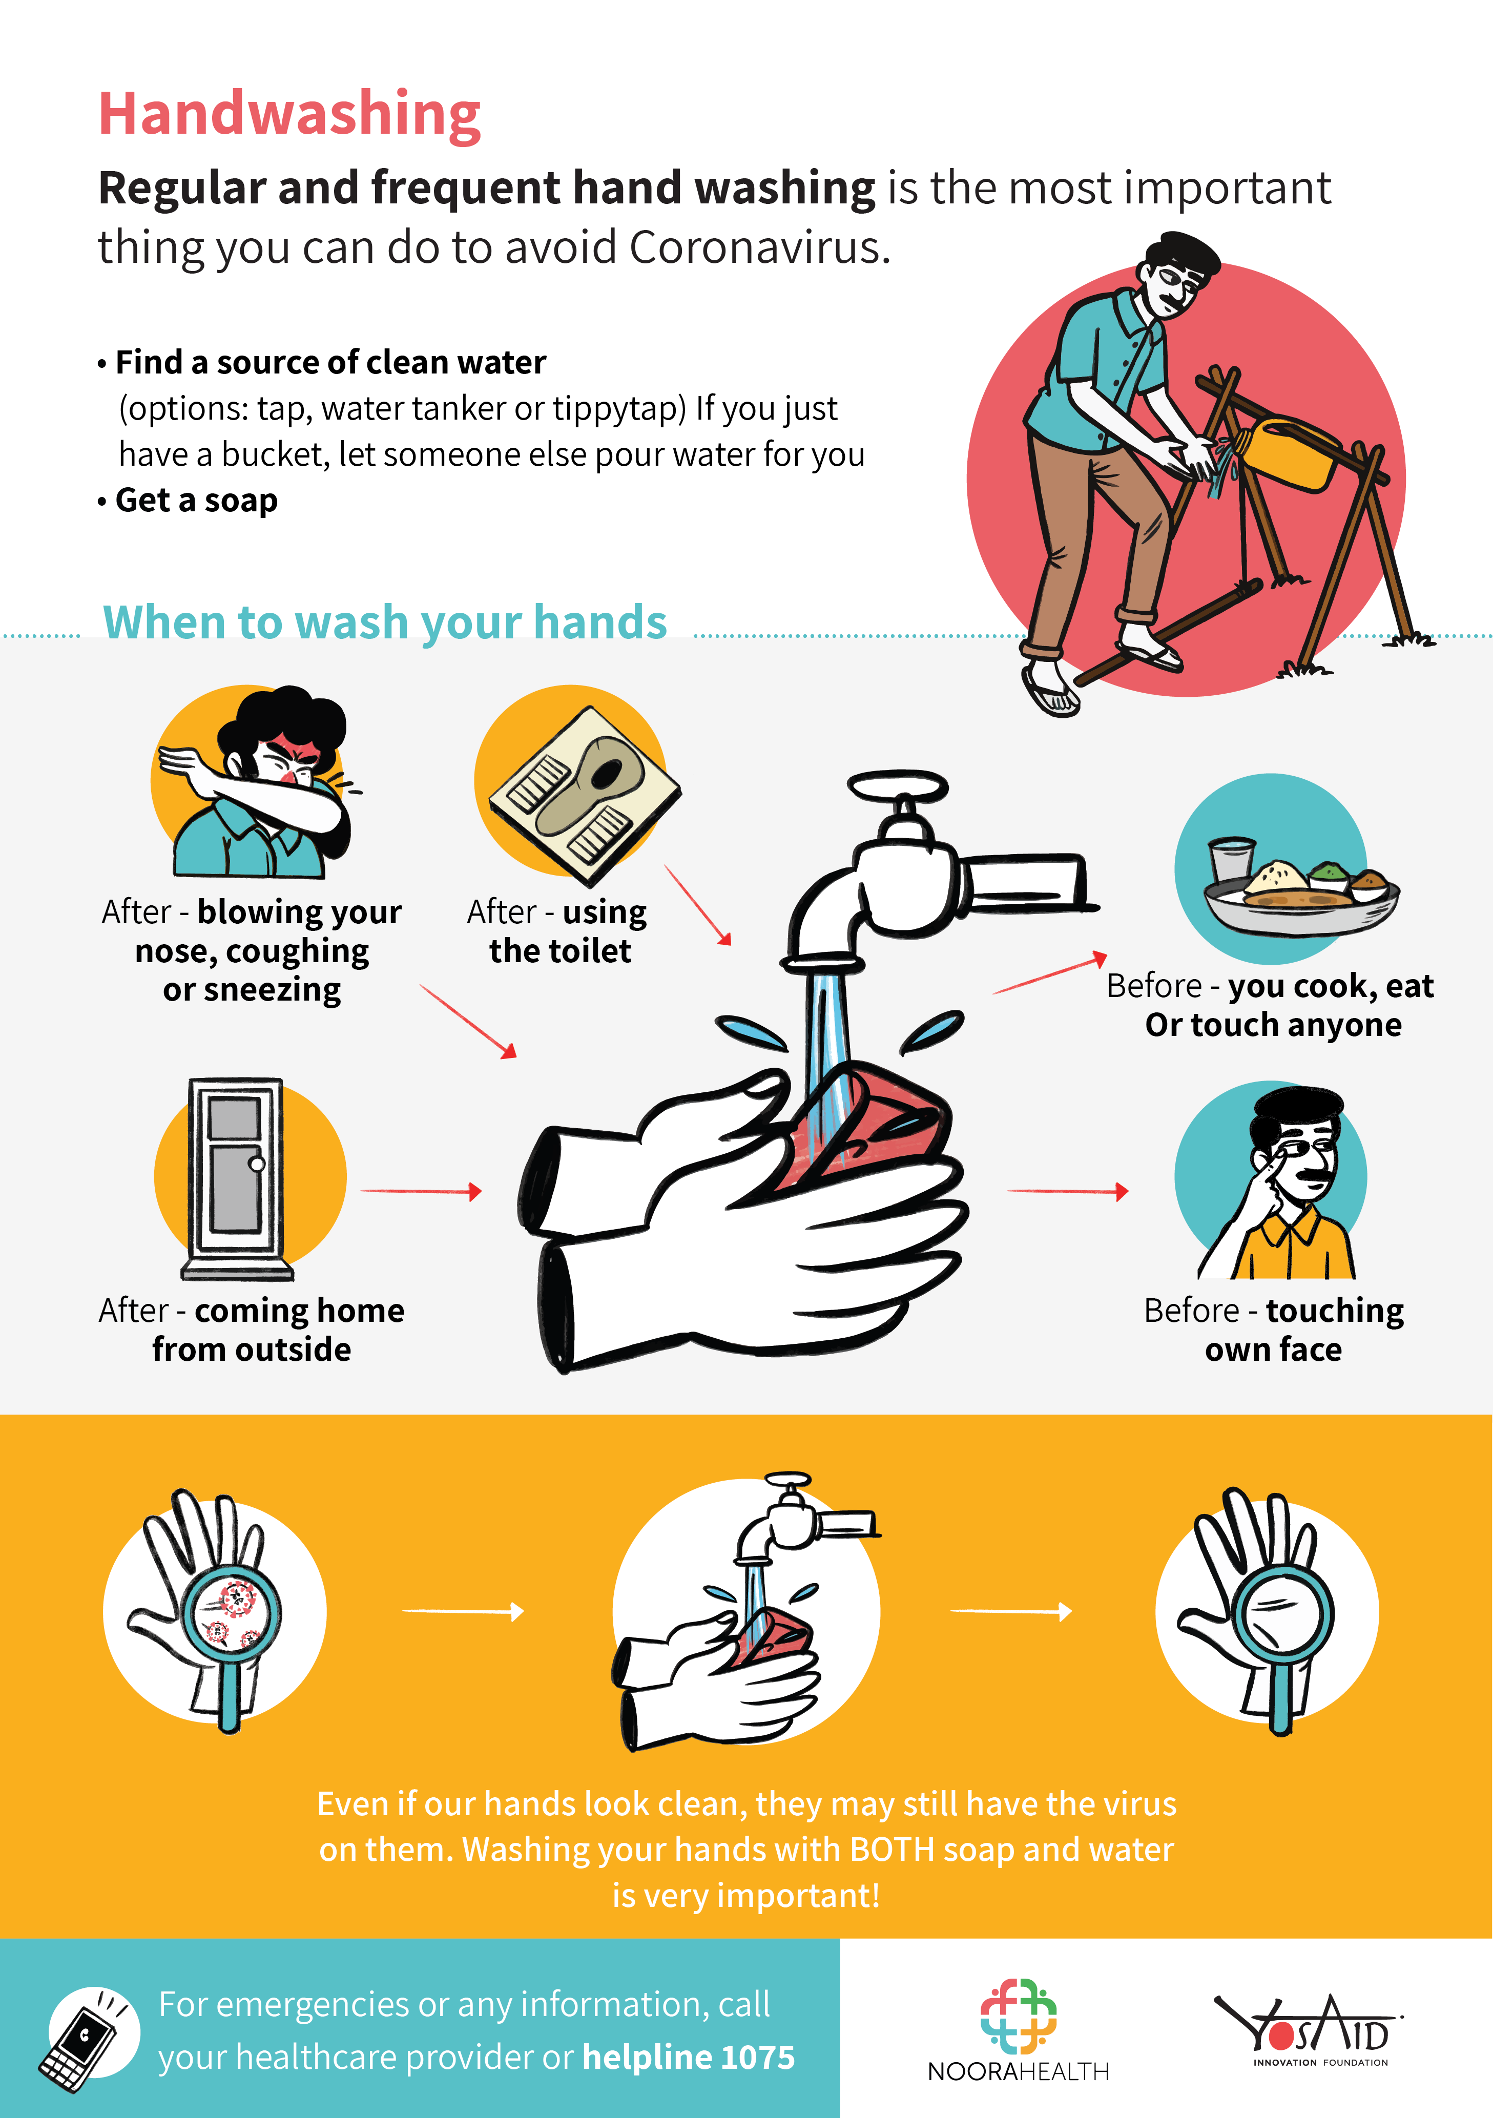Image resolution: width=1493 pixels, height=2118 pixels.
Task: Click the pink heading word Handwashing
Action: [x=290, y=115]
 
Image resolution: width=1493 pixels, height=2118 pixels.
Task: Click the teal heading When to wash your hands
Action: [x=385, y=622]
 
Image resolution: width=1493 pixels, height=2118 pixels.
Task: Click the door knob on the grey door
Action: [x=257, y=1164]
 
